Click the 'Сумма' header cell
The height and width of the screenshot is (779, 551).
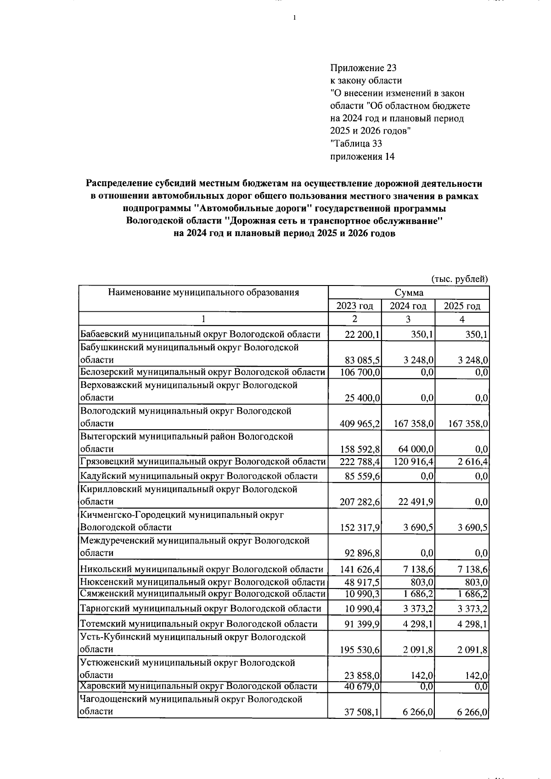[x=409, y=293]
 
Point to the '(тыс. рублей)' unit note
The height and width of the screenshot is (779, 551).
[x=459, y=279]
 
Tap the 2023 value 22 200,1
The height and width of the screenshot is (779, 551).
[x=362, y=335]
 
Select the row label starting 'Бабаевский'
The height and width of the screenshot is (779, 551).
[x=200, y=334]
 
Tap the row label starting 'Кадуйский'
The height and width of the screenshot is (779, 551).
[x=199, y=476]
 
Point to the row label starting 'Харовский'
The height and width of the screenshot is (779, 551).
[x=198, y=686]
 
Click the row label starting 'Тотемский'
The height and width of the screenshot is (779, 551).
[x=198, y=624]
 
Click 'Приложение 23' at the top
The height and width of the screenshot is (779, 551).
[x=363, y=68]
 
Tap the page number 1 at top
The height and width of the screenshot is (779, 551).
[x=294, y=18]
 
